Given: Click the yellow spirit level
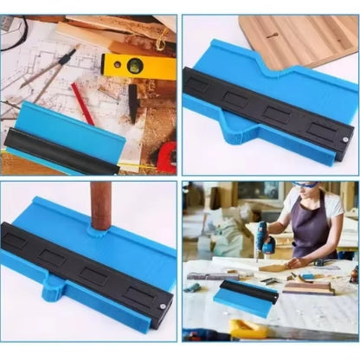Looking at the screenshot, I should tap(138, 65).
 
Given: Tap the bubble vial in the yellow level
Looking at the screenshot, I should tap(134, 64).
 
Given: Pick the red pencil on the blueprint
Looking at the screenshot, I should tap(82, 103).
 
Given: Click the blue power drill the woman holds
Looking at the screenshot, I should tap(260, 237).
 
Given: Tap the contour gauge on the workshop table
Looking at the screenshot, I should tap(246, 296).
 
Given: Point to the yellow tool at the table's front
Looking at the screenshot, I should tap(247, 330).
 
